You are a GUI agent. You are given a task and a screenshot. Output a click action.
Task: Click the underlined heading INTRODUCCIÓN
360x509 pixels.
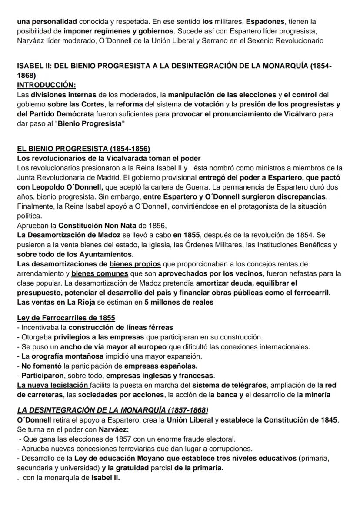click(x=46, y=86)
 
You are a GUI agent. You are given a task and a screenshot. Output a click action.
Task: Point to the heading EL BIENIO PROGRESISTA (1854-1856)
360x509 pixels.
click(x=83, y=148)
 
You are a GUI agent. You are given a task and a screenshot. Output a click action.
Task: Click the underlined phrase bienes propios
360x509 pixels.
click(x=135, y=264)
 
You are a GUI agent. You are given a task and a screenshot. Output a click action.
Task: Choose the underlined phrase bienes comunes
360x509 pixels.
click(x=100, y=273)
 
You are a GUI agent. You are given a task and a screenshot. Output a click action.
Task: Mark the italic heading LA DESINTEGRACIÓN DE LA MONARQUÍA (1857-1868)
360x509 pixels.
click(x=113, y=410)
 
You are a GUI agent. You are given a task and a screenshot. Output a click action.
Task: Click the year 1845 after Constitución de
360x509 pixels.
click(x=327, y=420)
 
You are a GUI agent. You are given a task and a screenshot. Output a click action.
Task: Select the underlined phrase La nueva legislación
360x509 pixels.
click(x=53, y=385)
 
